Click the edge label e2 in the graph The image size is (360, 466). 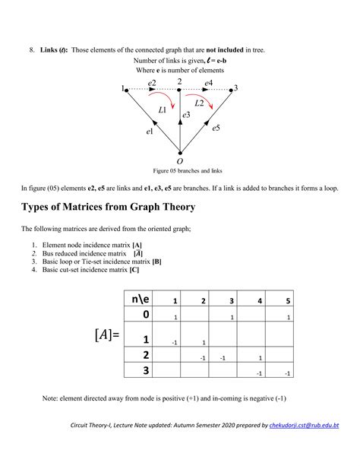tap(152, 82)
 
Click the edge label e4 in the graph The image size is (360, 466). tap(208, 82)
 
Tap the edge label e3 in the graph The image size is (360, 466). tap(186, 115)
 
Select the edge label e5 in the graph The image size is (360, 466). tap(216, 128)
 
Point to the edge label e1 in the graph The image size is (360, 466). tap(150, 132)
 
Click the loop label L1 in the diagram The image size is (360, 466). tap(163, 110)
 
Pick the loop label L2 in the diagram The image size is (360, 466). tap(199, 102)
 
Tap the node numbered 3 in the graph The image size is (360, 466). tap(235, 88)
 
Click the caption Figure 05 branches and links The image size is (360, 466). tap(180, 170)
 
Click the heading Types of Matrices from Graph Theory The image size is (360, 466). tap(108, 207)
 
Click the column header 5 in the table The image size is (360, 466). tap(288, 300)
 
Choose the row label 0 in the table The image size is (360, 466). tap(146, 314)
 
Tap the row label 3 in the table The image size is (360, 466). tap(146, 370)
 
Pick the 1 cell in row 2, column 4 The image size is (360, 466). tap(261, 357)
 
